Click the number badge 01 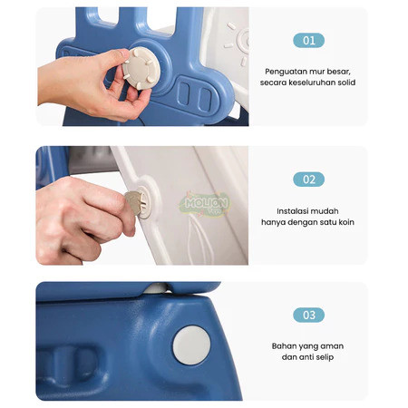tap(308, 41)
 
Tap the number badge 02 tap(308, 180)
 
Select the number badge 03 tap(308, 315)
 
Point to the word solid tap(346, 83)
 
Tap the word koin tap(346, 222)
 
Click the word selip tap(325, 357)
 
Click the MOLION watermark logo tap(206, 203)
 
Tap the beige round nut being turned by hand tap(141, 68)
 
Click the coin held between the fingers tap(133, 202)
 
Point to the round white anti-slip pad tap(191, 345)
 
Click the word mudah tap(324, 211)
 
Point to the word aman tap(332, 346)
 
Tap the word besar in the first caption tap(338, 72)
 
